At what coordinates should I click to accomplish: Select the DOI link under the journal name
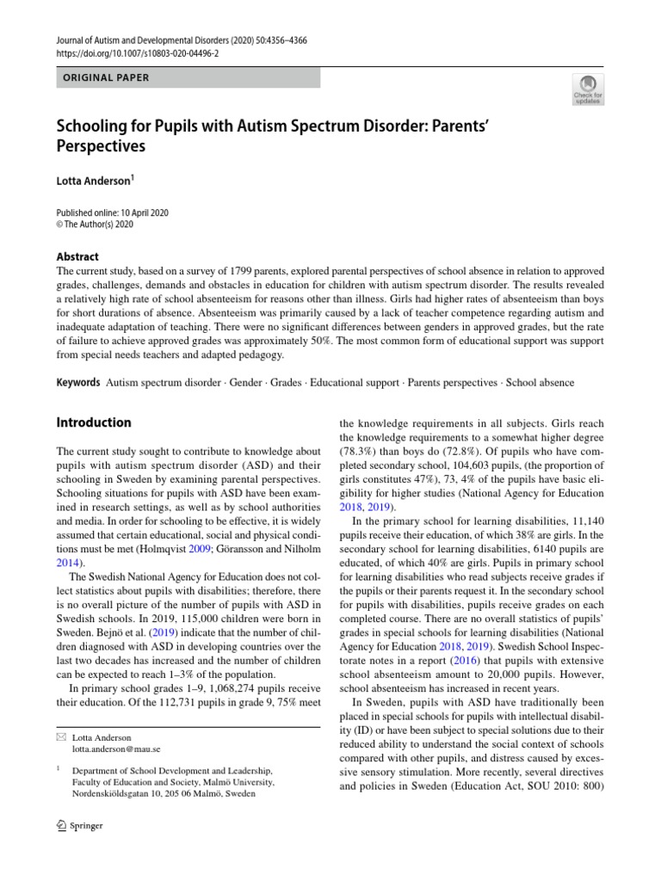[x=138, y=52]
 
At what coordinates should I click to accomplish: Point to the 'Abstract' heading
[x=77, y=256]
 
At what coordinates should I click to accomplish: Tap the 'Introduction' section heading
[x=94, y=422]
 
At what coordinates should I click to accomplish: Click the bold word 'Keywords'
[x=77, y=382]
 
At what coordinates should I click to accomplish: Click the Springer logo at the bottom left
[x=79, y=827]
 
